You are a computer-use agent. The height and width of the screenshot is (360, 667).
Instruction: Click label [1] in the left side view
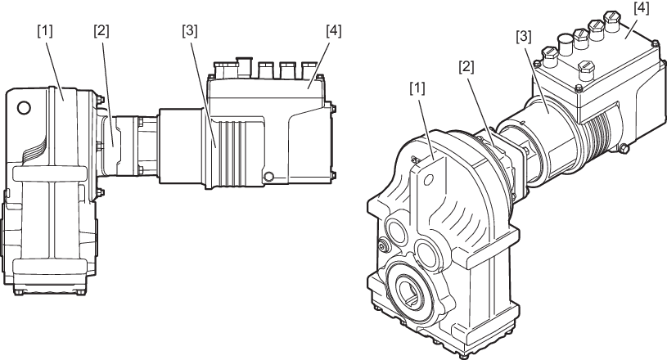tap(45, 31)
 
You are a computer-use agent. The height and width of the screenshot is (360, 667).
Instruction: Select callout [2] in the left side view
tap(101, 31)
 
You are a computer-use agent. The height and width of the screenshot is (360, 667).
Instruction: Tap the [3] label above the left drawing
tap(190, 31)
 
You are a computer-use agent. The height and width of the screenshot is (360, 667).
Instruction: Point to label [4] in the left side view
tap(334, 31)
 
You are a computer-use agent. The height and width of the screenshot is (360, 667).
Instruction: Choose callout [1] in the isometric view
tap(417, 88)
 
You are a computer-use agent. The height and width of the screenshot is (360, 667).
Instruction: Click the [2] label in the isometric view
tap(466, 67)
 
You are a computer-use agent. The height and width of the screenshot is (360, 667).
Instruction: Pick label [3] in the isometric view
tap(524, 37)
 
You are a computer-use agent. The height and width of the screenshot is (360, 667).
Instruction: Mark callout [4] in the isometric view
tap(642, 8)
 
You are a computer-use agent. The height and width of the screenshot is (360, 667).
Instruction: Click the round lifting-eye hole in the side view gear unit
tap(24, 107)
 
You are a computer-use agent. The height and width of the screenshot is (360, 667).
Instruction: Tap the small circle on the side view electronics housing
tap(268, 177)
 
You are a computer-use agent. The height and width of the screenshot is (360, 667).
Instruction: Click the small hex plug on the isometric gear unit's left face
tap(383, 245)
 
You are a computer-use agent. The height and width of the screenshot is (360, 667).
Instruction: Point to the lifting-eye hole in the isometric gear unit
tap(428, 180)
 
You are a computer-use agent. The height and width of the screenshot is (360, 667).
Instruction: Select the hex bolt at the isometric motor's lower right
tap(623, 148)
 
